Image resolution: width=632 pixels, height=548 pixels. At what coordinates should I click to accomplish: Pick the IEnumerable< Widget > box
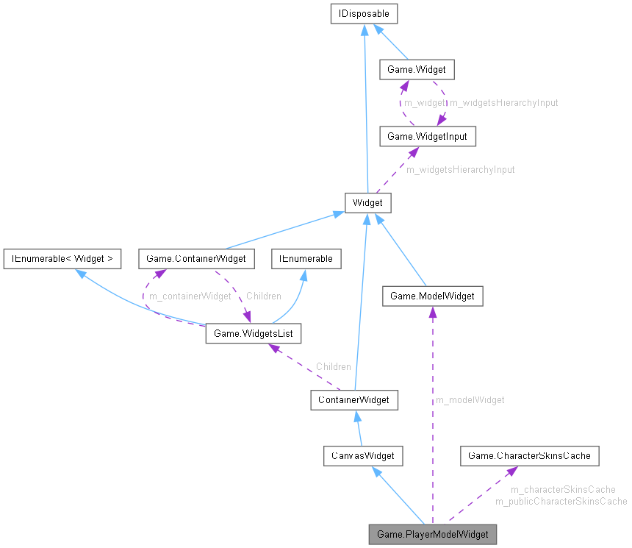coord(62,258)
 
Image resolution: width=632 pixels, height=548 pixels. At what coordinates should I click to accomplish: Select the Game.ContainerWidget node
coord(196,258)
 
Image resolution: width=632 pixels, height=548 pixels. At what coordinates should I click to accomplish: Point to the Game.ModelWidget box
coord(432,296)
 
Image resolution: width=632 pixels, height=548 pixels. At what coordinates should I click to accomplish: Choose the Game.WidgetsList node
coord(253,334)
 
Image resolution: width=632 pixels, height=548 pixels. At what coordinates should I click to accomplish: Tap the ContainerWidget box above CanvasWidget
coord(354,399)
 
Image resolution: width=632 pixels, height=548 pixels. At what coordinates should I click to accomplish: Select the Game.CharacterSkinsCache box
coord(529,456)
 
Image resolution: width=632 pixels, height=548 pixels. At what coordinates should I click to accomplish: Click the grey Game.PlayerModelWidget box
coord(432,533)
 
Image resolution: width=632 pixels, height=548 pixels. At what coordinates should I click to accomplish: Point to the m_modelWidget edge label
coord(470,400)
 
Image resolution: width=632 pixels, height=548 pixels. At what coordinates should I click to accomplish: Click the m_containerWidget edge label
coord(190,296)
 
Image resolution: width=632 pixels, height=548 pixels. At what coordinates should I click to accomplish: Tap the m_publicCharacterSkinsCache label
coord(561,502)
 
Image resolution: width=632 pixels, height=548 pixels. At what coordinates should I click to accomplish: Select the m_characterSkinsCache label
coord(563,490)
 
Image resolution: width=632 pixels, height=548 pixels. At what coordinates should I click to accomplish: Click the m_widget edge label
coord(424,103)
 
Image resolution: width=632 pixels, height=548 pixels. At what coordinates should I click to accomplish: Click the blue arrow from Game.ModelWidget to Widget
coord(402,249)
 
